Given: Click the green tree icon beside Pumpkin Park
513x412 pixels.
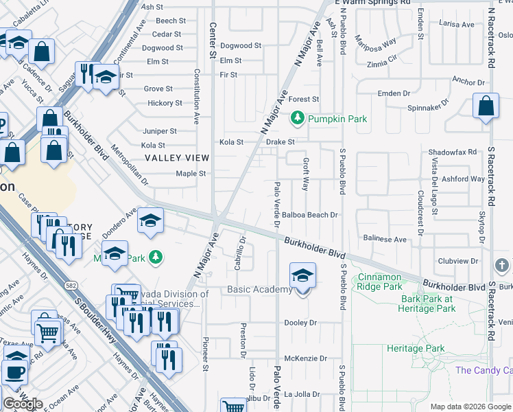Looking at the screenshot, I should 298,119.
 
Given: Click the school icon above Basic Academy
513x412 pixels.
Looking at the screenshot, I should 302,276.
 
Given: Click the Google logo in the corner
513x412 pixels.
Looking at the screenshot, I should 23,403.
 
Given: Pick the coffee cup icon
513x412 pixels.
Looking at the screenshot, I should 14,371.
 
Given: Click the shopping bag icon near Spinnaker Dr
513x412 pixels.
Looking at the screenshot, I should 486,106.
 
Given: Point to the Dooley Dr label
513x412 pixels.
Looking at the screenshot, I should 300,322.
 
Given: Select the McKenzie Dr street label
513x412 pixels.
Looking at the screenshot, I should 305,358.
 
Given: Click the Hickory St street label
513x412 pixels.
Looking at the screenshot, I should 165,103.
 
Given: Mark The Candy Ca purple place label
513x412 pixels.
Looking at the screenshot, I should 484,370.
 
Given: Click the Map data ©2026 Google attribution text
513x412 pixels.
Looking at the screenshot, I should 470,406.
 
